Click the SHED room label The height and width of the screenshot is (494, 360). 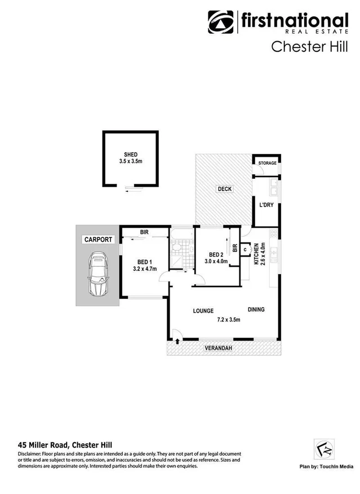pyautogui.click(x=131, y=155)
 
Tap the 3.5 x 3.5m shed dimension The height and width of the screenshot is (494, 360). pyautogui.click(x=131, y=161)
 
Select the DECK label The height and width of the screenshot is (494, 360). pyautogui.click(x=224, y=189)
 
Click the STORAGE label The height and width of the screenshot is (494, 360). pyautogui.click(x=267, y=163)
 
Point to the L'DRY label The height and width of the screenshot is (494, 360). pyautogui.click(x=266, y=205)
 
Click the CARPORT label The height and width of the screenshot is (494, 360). pyautogui.click(x=96, y=240)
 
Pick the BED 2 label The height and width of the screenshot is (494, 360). pyautogui.click(x=216, y=254)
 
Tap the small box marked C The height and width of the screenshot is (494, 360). pyautogui.click(x=245, y=248)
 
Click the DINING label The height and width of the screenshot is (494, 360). pyautogui.click(x=255, y=310)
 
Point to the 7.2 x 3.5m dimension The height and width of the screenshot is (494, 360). pyautogui.click(x=228, y=320)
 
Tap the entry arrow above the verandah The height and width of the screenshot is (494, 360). pyautogui.click(x=178, y=341)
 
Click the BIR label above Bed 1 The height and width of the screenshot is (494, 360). pyautogui.click(x=144, y=232)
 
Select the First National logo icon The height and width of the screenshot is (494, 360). pyautogui.click(x=221, y=23)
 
